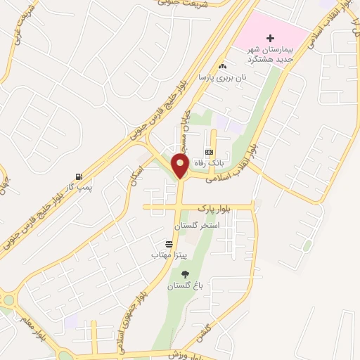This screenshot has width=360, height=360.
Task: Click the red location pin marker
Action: click(181, 165)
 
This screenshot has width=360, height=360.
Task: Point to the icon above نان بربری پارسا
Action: click(223, 65)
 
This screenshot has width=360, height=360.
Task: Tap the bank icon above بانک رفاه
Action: click(209, 152)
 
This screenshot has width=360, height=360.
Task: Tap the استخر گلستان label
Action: click(199, 225)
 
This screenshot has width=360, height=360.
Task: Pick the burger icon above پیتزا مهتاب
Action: click(168, 244)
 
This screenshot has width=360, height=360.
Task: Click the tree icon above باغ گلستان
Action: click(185, 275)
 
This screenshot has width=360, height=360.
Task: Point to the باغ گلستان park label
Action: click(184, 286)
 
